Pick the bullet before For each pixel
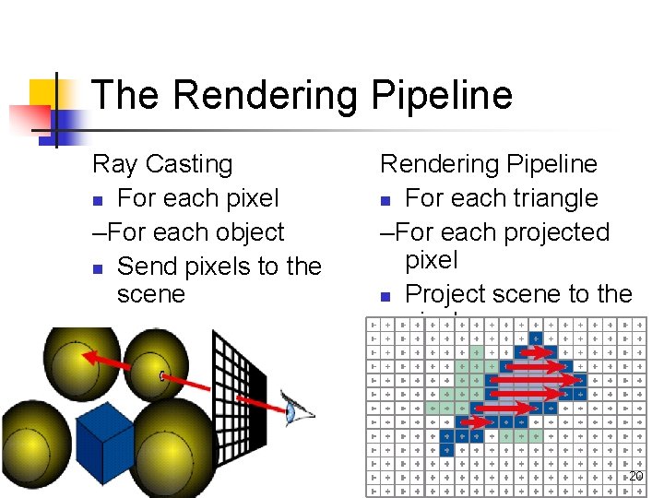tap(98, 200)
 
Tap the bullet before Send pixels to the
tap(98, 268)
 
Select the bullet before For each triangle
tap(386, 200)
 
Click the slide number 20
tap(635, 476)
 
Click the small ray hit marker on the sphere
tap(163, 375)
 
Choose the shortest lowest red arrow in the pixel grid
tap(471, 421)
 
